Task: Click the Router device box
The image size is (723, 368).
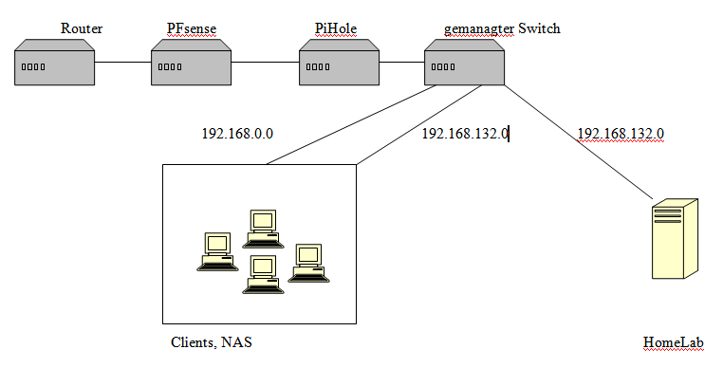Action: tap(54, 63)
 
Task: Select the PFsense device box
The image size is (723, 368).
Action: tap(192, 63)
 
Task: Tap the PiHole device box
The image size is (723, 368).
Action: tap(339, 63)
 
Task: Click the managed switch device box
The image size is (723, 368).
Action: tap(464, 63)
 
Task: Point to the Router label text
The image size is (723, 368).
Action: tap(82, 28)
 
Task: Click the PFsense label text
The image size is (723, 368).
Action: tap(192, 28)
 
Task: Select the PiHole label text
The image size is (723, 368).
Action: tap(336, 28)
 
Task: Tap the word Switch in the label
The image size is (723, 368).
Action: tap(540, 28)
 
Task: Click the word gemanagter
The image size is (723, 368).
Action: tap(479, 29)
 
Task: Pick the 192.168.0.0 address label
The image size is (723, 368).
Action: tap(237, 134)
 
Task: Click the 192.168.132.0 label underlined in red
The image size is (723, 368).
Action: tap(621, 134)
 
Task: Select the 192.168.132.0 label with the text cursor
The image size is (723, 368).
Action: tap(465, 134)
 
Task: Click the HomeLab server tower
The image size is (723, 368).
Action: tap(675, 239)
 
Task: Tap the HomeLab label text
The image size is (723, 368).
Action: tap(674, 342)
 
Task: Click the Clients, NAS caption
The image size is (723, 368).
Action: tap(212, 342)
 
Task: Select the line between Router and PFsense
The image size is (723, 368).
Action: tap(123, 63)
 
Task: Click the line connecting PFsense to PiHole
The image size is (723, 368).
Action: tap(265, 63)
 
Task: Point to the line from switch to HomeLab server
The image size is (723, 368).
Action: tap(579, 142)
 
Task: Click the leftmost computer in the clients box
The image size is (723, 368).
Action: tap(217, 251)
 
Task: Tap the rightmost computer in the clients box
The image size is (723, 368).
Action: tap(308, 263)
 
